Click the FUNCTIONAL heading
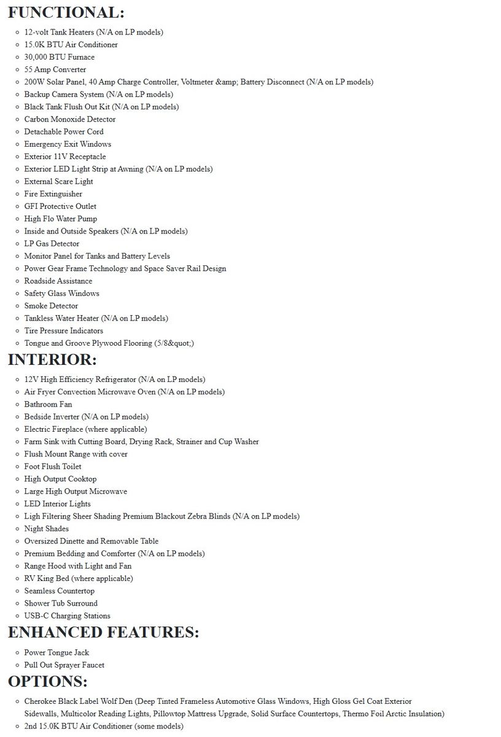66,12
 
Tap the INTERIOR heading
52,360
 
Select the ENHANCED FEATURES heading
103,633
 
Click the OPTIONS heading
47,682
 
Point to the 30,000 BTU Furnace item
59,57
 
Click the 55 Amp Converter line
55,69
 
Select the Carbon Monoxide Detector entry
69,119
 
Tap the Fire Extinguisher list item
53,194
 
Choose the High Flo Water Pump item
60,219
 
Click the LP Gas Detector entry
52,244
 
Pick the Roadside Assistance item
58,281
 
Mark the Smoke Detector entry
51,306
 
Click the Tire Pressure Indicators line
63,330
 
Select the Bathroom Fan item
48,404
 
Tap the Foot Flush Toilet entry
52,466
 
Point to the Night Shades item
46,529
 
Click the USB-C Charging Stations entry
67,615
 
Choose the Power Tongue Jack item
56,652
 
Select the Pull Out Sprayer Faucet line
64,665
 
